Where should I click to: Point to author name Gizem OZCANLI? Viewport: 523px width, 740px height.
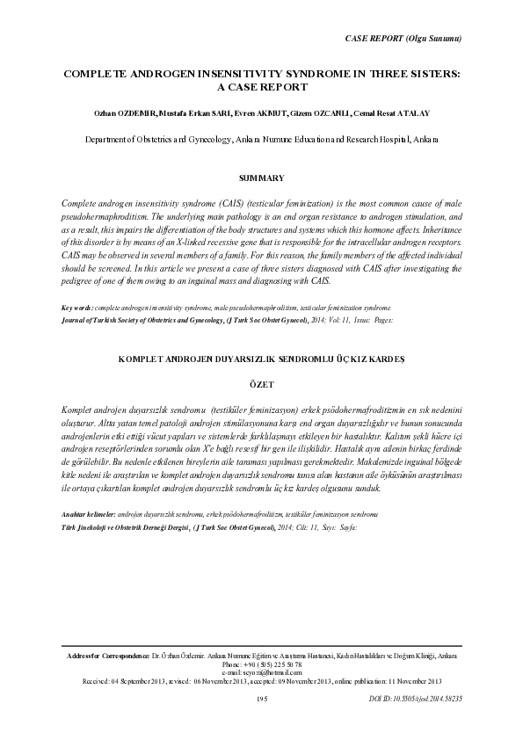click(x=312, y=113)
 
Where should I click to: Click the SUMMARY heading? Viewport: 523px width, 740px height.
click(x=262, y=178)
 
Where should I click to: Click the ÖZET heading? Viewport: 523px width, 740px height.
click(x=262, y=384)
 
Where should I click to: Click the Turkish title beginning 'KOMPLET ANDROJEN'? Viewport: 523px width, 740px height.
click(x=261, y=358)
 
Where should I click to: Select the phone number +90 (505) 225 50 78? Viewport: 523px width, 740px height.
click(x=262, y=665)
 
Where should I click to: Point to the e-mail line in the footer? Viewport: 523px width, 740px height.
click(x=262, y=673)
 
